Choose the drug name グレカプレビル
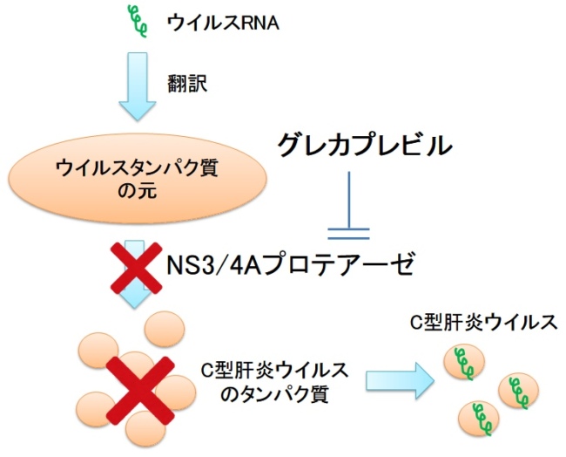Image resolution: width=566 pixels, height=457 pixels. tap(365, 145)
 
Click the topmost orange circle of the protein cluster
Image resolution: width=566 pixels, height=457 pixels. tap(162, 329)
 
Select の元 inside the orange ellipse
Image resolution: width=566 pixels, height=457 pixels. tap(136, 189)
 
